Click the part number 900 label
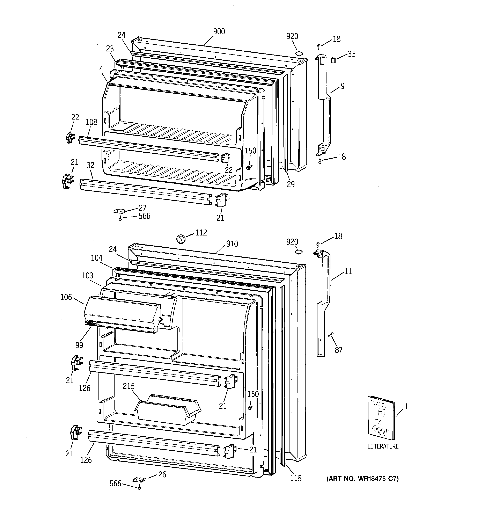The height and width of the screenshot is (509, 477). [x=219, y=31]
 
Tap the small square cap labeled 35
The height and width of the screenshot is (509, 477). [x=333, y=60]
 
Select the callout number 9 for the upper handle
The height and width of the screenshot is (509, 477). [x=342, y=86]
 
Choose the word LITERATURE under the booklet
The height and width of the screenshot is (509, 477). [x=383, y=446]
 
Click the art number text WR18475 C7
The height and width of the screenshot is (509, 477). [x=362, y=479]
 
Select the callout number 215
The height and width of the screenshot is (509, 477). [x=129, y=386]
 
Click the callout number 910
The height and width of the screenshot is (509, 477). [x=232, y=243]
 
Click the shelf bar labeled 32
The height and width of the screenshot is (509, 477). [x=146, y=191]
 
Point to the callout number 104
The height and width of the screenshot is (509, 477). [x=96, y=258]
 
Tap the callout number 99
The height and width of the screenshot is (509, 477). [x=79, y=345]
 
